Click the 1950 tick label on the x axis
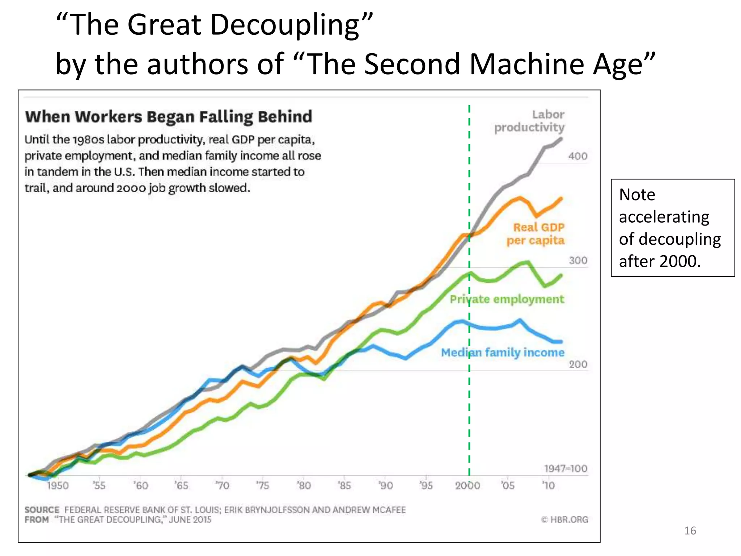pyautogui.click(x=58, y=485)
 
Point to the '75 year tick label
pyautogui.click(x=263, y=485)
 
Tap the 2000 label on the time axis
pyautogui.click(x=467, y=485)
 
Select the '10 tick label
pyautogui.click(x=549, y=485)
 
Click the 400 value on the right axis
pyautogui.click(x=577, y=156)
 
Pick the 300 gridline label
pyautogui.click(x=578, y=261)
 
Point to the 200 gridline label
pyautogui.click(x=578, y=364)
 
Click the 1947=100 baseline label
pyautogui.click(x=566, y=468)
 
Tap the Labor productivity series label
pyautogui.click(x=530, y=121)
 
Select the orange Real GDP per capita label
pyautogui.click(x=536, y=234)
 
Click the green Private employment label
pyautogui.click(x=507, y=299)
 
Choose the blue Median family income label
pyautogui.click(x=503, y=352)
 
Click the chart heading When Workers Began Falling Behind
pyautogui.click(x=169, y=117)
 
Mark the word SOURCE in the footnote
pyautogui.click(x=42, y=510)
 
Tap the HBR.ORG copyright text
pyautogui.click(x=565, y=520)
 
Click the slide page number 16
pyautogui.click(x=690, y=531)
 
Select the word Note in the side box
pyautogui.click(x=637, y=195)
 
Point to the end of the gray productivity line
pyautogui.click(x=561, y=139)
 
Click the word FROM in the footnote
pyautogui.click(x=37, y=520)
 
